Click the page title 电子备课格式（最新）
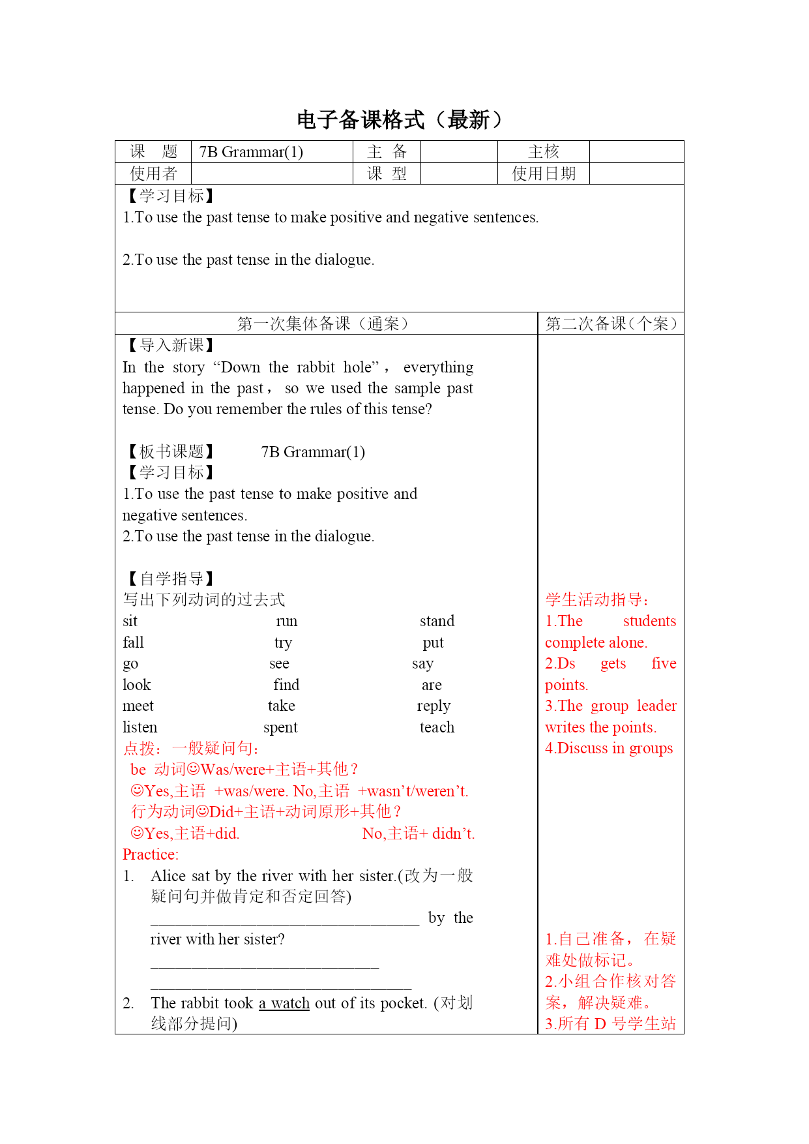point(400,120)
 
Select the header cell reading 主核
point(543,152)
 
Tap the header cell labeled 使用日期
point(543,173)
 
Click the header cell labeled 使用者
point(153,173)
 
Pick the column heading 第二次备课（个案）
point(611,324)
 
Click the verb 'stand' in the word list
point(437,621)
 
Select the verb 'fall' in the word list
point(133,642)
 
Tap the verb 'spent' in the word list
point(280,727)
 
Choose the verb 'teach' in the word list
point(437,727)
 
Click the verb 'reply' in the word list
point(434,706)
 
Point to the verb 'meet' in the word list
point(138,706)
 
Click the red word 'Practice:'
point(151,854)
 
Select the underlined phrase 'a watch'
point(284,1003)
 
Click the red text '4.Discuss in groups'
point(609,748)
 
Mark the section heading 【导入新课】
point(169,345)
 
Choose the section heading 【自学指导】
point(169,579)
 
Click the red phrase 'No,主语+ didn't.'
point(419,834)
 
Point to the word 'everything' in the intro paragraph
point(438,367)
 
